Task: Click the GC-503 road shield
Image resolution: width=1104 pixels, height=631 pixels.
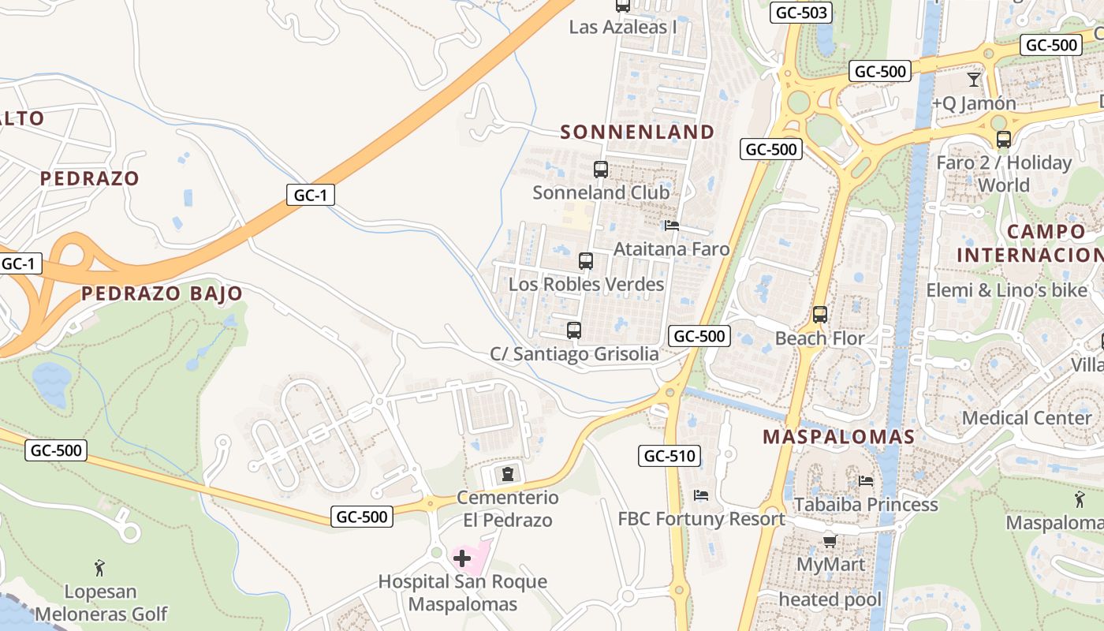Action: pos(802,13)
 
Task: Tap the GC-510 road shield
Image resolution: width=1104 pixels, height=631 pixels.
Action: pos(669,456)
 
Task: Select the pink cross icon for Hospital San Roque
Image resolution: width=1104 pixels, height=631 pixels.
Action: pos(462,559)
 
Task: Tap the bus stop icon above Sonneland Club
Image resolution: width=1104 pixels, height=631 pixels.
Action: pos(601,170)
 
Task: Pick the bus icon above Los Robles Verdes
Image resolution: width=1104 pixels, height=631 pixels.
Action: pos(586,261)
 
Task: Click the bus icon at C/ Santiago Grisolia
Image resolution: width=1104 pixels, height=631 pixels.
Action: pos(574,330)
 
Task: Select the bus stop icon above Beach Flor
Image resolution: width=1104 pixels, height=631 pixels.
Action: pos(820,315)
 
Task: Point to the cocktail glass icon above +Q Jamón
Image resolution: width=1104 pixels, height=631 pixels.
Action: pos(974,80)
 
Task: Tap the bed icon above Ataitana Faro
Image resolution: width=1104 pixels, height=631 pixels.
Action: pos(672,226)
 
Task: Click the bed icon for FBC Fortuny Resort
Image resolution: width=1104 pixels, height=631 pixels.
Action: pos(701,495)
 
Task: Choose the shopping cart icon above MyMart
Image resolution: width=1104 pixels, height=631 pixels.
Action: pos(830,541)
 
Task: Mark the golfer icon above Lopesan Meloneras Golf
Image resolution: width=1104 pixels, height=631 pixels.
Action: pos(99,568)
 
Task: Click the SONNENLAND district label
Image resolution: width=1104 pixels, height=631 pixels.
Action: pos(637,132)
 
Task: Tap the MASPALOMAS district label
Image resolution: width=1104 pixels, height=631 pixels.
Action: pos(838,437)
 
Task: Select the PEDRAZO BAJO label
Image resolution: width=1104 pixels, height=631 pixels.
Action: pos(162,293)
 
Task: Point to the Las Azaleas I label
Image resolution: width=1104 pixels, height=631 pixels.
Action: pos(623,27)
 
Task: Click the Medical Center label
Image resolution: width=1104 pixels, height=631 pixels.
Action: pos(1026,418)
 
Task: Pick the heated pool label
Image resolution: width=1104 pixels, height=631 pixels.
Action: pos(830,599)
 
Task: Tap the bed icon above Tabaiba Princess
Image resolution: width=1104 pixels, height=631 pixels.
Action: pos(866,481)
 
